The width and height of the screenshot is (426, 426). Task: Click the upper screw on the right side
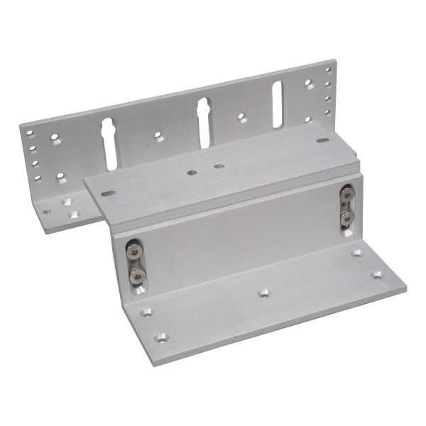[346, 193]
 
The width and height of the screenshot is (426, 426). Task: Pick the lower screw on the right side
[346, 217]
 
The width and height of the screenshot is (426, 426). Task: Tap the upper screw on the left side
[133, 250]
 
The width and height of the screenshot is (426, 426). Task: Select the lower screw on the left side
[137, 274]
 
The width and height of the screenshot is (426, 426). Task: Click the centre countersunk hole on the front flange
[264, 293]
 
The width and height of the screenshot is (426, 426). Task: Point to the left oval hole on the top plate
[108, 192]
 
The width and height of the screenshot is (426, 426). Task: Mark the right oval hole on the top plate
[322, 140]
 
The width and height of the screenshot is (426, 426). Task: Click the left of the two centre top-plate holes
[192, 172]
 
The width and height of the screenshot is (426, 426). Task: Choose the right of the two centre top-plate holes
[218, 166]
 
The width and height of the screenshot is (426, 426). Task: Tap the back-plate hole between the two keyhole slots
[159, 136]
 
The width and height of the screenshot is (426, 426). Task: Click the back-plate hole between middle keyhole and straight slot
[242, 117]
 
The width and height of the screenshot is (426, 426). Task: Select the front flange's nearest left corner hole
[162, 338]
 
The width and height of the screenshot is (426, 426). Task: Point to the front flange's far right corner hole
[357, 252]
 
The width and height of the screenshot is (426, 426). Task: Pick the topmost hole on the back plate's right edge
[328, 70]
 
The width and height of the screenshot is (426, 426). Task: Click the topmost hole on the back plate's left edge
[30, 135]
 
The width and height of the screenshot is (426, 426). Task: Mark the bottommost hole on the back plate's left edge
[37, 179]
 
